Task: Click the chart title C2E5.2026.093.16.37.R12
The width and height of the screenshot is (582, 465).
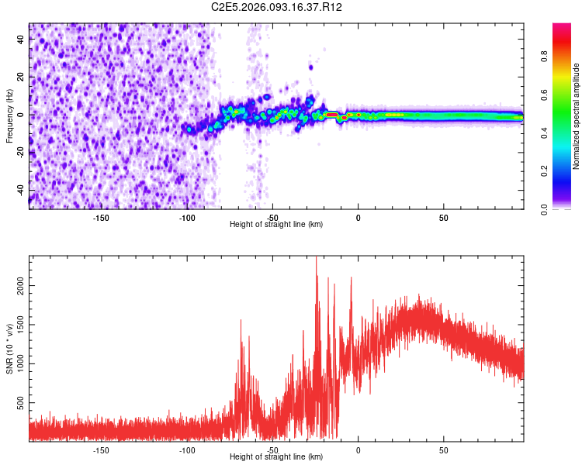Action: (277, 7)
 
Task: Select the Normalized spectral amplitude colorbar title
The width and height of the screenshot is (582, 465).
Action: (577, 116)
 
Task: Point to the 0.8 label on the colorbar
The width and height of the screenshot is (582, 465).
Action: (544, 56)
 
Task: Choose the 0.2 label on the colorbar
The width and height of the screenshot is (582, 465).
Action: (544, 170)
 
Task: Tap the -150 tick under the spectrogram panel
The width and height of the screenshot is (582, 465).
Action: (101, 217)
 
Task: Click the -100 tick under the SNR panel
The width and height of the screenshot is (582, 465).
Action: (187, 449)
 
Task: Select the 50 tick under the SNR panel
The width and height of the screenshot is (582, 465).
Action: (443, 449)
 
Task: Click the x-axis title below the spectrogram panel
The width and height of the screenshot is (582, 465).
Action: (276, 224)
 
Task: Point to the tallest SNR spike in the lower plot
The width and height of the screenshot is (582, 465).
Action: (316, 260)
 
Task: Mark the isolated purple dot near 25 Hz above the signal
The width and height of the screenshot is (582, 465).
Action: (310, 67)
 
